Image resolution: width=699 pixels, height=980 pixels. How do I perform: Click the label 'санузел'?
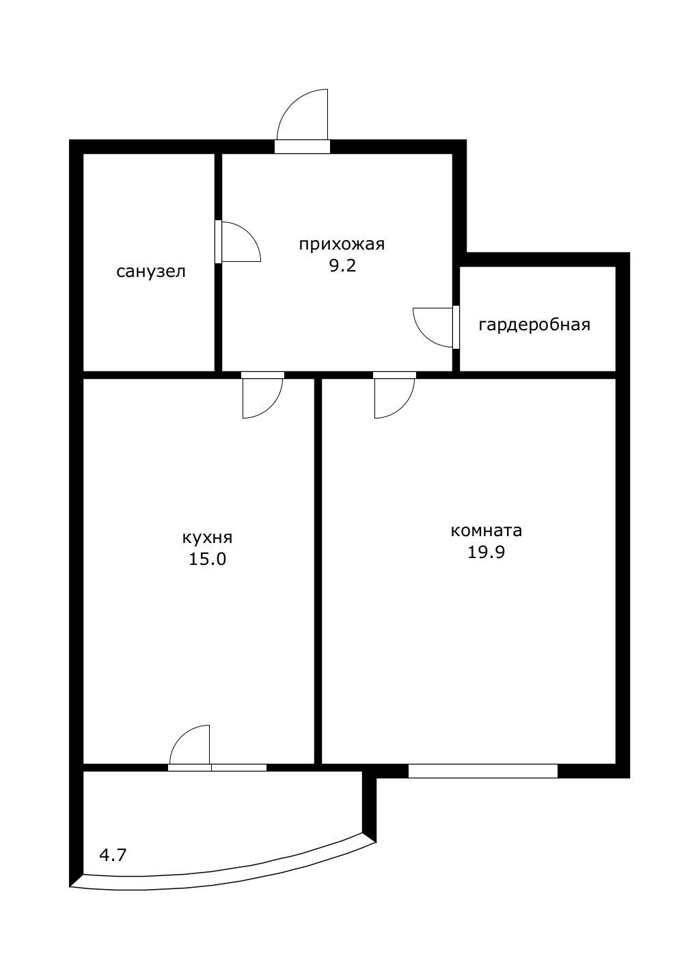[x=151, y=272]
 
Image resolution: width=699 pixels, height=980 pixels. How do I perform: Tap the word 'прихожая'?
[x=342, y=244]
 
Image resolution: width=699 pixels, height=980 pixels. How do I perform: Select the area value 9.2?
[x=342, y=265]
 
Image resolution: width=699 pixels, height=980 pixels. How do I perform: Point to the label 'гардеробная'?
[x=534, y=324]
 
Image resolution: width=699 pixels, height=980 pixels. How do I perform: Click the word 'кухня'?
[x=208, y=537]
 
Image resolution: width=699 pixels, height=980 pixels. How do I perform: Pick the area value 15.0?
[x=207, y=559]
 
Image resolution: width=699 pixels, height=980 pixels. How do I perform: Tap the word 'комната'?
[x=486, y=530]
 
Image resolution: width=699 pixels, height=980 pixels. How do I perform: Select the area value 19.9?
[x=486, y=552]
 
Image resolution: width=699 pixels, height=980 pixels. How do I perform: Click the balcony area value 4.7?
[x=113, y=854]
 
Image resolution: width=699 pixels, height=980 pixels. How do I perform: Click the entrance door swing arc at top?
[x=299, y=110]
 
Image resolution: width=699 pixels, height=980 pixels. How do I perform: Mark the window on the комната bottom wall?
[x=483, y=771]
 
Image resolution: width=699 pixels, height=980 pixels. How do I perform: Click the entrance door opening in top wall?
[x=302, y=146]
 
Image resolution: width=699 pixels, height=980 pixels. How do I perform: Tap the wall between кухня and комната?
[x=318, y=568]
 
